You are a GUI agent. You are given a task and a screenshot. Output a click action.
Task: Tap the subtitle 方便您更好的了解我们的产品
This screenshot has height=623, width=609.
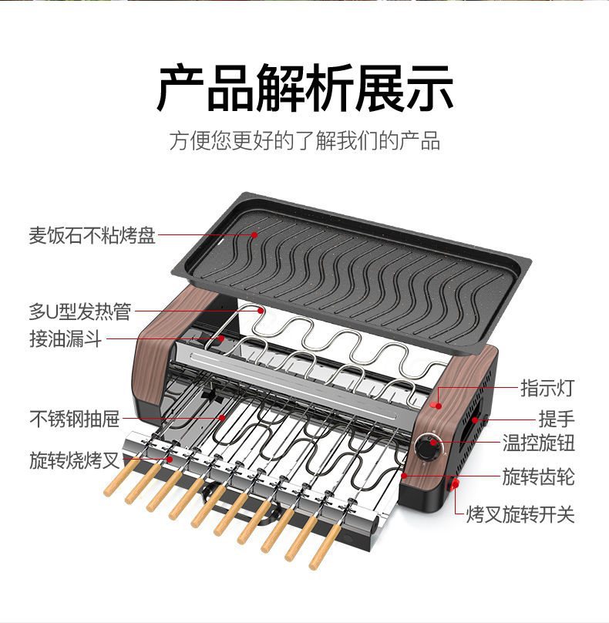pyautogui.click(x=304, y=141)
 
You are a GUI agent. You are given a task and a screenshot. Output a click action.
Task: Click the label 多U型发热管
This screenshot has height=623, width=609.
pyautogui.click(x=80, y=311)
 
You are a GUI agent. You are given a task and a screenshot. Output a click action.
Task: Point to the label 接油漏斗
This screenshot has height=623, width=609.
pyautogui.click(x=66, y=338)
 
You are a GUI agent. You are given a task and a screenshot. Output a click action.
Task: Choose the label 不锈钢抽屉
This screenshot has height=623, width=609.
pyautogui.click(x=75, y=419)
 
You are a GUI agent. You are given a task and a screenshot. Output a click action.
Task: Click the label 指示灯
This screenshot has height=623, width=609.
pyautogui.click(x=547, y=387)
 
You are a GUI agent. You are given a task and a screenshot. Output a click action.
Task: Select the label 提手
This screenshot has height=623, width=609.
pyautogui.click(x=557, y=419)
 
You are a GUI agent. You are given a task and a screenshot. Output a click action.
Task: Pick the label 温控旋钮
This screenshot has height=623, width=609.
pyautogui.click(x=539, y=444)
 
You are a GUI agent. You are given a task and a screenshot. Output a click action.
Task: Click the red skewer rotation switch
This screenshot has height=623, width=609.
pyautogui.click(x=455, y=484)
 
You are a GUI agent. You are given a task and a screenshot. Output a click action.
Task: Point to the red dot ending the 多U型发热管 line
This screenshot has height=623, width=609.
pyautogui.click(x=261, y=311)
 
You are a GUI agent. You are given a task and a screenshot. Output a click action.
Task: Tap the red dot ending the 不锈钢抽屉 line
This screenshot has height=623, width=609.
pyautogui.click(x=224, y=418)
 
